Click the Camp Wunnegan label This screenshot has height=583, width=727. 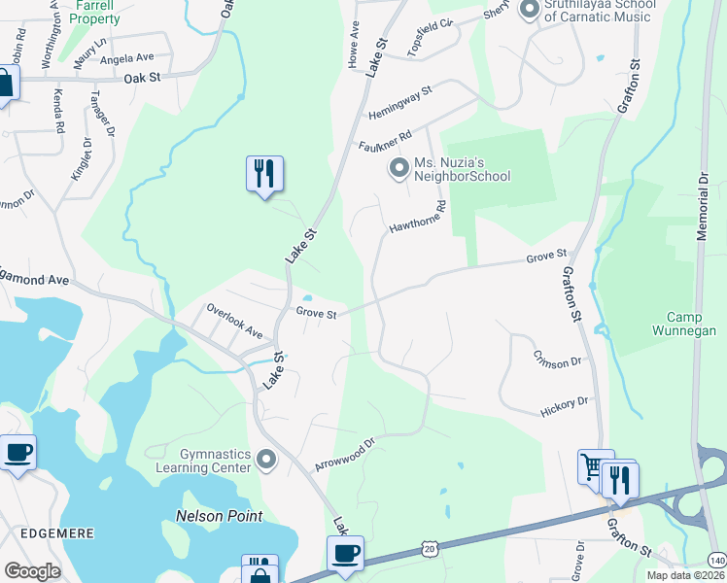point(691,324)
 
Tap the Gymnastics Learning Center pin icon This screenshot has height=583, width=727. point(265,458)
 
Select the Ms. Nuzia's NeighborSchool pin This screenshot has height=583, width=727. point(398,169)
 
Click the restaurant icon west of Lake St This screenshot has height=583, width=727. point(264,174)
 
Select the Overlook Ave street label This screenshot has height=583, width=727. point(234,321)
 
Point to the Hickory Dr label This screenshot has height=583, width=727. point(565,406)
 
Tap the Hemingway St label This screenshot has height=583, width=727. point(399,102)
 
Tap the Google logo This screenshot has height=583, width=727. point(32,571)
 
